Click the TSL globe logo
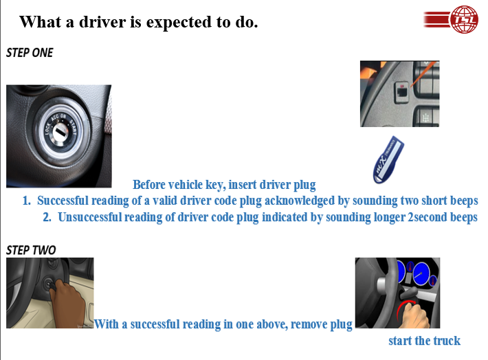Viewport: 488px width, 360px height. tap(451, 19)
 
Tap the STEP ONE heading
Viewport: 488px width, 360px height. tap(30, 53)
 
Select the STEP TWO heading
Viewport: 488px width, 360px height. tap(31, 250)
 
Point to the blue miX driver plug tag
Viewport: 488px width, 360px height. tap(388, 159)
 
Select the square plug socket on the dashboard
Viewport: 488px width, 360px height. tap(402, 92)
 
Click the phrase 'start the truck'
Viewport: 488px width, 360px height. tap(424, 340)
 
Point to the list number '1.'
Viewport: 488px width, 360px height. tap(27, 201)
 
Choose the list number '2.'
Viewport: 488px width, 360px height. tap(47, 217)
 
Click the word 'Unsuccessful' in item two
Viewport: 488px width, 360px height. tap(89, 217)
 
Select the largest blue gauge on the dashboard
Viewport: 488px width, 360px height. tap(422, 274)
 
